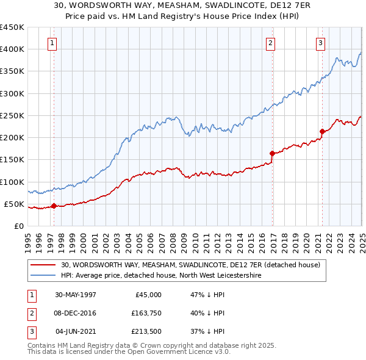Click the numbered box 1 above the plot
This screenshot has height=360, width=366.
click(x=52, y=43)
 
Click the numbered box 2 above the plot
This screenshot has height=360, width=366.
click(x=270, y=43)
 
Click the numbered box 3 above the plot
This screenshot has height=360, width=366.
click(x=320, y=43)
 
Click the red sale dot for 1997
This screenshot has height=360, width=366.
click(x=54, y=206)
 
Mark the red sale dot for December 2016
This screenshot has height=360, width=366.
click(x=272, y=153)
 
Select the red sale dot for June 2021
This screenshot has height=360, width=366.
click(x=322, y=131)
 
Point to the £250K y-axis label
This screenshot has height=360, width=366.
click(x=12, y=115)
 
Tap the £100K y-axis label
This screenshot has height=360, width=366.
click(x=12, y=182)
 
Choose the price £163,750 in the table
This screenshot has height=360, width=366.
click(x=146, y=313)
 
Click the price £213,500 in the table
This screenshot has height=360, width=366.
click(x=146, y=331)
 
